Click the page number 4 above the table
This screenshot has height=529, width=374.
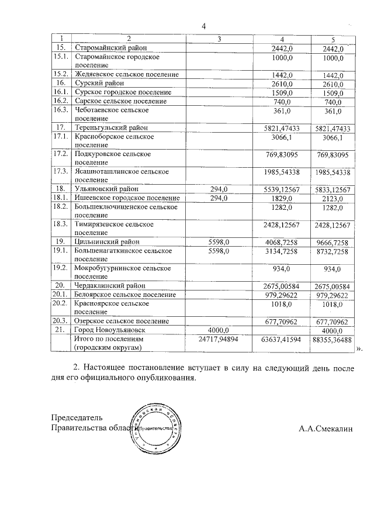tap(204, 26)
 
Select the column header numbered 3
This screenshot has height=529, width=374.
tap(219, 39)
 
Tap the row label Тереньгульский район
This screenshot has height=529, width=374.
tap(111, 127)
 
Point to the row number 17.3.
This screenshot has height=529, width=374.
tap(61, 172)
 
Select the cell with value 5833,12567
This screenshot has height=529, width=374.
tap(332, 189)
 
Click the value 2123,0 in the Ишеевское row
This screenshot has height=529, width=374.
tap(332, 198)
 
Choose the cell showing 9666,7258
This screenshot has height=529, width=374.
tap(332, 242)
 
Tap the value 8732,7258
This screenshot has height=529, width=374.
tap(332, 251)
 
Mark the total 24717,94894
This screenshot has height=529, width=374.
tap(219, 339)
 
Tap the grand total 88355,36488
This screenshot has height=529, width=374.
tap(332, 339)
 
